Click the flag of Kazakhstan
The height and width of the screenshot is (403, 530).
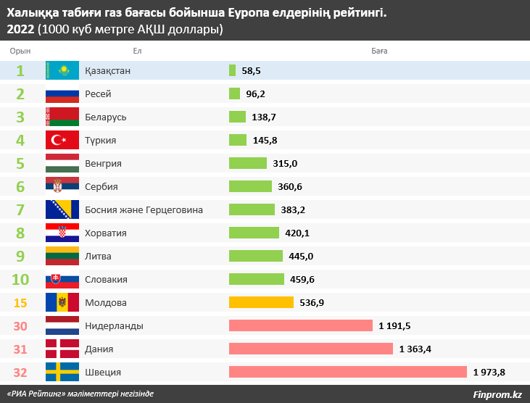(62, 70)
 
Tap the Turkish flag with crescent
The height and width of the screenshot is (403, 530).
(62, 140)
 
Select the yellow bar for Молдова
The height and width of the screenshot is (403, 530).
(261, 302)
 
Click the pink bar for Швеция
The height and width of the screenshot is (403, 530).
(347, 372)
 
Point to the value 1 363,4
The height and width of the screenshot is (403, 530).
(415, 349)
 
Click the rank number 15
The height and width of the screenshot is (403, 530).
(20, 302)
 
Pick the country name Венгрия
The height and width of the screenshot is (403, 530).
(103, 163)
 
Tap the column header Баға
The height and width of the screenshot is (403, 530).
(379, 51)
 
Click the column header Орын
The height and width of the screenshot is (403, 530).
(20, 51)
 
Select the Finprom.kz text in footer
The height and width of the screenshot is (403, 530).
(497, 394)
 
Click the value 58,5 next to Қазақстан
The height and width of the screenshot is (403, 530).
(251, 70)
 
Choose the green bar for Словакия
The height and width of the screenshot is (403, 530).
(257, 279)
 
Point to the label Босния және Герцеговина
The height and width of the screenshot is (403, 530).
(144, 209)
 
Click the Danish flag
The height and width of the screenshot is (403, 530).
(62, 349)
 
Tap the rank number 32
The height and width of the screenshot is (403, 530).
(20, 372)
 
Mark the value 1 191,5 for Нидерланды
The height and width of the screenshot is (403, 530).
(394, 325)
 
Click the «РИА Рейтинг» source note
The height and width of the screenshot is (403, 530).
(80, 394)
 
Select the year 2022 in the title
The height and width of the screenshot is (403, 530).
(20, 29)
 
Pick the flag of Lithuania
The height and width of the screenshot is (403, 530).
(62, 256)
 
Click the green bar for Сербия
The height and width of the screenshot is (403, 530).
(250, 186)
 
